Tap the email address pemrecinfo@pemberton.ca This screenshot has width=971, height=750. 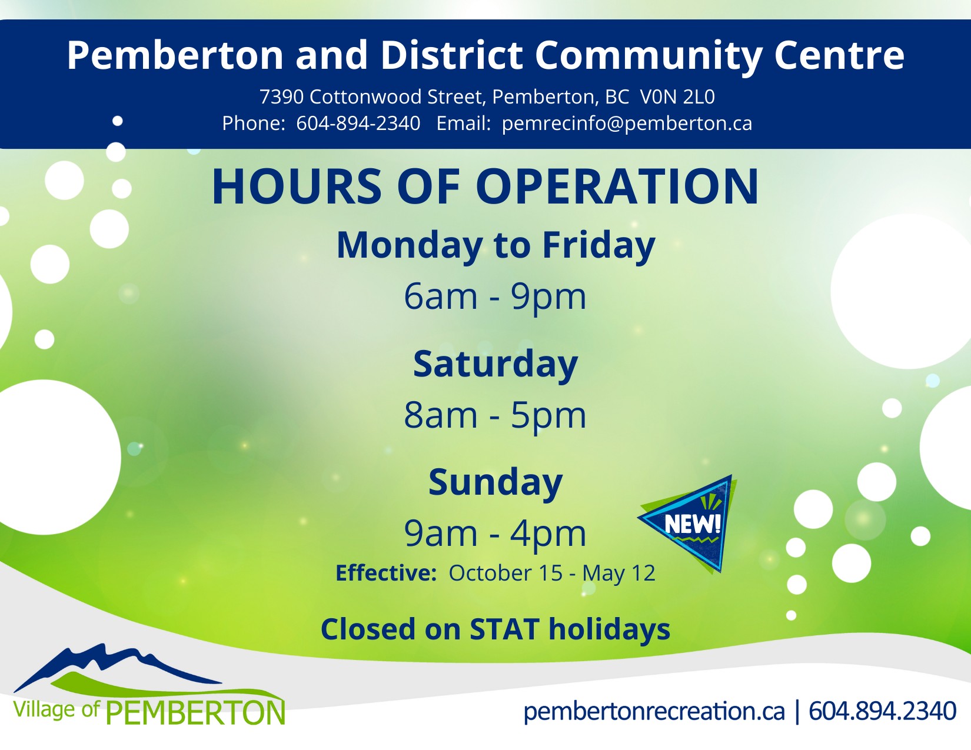[x=627, y=123]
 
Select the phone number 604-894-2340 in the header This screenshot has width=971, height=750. [x=358, y=123]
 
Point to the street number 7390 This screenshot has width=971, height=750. [x=281, y=96]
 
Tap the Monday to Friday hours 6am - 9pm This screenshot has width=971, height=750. [x=495, y=296]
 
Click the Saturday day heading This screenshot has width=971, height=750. [x=495, y=364]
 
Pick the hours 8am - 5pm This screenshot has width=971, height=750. [x=495, y=415]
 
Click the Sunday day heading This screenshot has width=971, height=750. [x=495, y=482]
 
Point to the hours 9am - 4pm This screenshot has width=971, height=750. [x=495, y=534]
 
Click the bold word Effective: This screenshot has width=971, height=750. [x=386, y=573]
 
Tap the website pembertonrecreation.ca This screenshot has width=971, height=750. [x=654, y=711]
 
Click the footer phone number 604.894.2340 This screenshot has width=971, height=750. [x=882, y=711]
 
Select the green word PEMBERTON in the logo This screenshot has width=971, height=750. [x=195, y=713]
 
